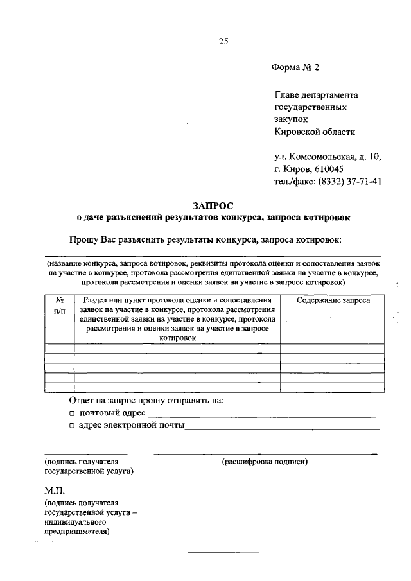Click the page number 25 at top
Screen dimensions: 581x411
tap(223, 42)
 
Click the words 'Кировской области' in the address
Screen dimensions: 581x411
tap(314, 132)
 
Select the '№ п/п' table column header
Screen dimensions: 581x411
tap(59, 305)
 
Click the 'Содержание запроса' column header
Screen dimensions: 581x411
tap(333, 300)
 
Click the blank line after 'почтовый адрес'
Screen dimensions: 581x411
tap(261, 417)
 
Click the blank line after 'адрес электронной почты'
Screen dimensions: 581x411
tap(282, 429)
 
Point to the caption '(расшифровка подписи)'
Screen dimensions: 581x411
tap(265, 461)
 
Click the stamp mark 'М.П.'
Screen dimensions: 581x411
tap(55, 491)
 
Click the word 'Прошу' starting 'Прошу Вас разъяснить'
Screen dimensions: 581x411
tap(83, 239)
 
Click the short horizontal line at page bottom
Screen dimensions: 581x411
tap(222, 552)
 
